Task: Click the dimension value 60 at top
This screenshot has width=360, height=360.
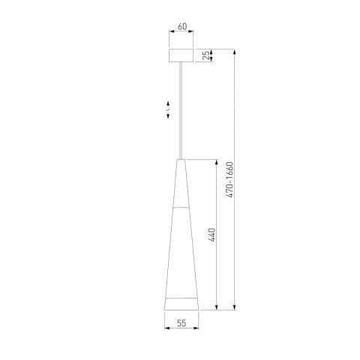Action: coord(181,28)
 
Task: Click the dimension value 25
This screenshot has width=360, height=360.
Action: coord(208,56)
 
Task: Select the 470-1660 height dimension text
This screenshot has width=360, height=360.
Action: coord(231,180)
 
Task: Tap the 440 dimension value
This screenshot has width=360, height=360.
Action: coord(212,235)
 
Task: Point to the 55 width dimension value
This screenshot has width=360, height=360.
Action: coord(181,323)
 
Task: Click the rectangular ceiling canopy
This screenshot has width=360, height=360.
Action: coord(181,56)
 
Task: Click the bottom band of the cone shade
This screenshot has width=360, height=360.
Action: coord(181,303)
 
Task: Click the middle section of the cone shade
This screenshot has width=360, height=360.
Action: coord(181,247)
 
